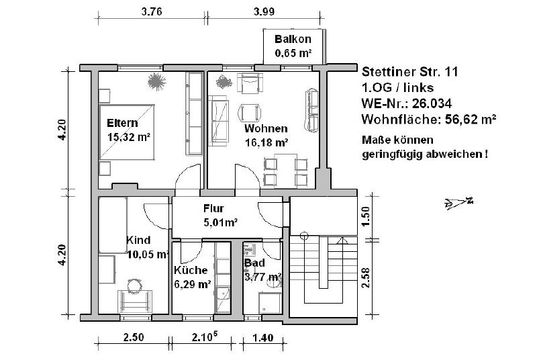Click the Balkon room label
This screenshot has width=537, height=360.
click(x=292, y=40)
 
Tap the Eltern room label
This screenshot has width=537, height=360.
click(x=122, y=123)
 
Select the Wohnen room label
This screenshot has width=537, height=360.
click(x=266, y=128)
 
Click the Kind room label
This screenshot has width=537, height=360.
click(x=138, y=240)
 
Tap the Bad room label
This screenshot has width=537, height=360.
click(x=254, y=263)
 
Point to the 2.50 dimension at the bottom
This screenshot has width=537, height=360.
click(x=132, y=339)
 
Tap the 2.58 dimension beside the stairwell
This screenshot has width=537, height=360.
click(x=365, y=276)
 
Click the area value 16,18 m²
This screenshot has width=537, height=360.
click(x=266, y=142)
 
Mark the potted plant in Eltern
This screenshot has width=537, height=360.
click(x=156, y=82)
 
